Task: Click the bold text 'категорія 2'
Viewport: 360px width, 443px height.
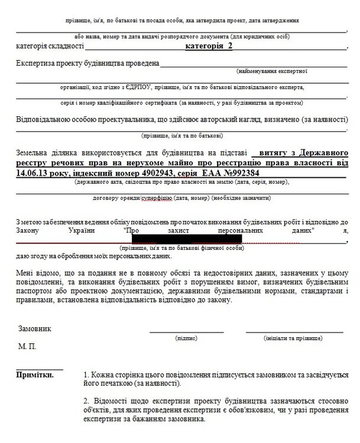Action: [x=210, y=46]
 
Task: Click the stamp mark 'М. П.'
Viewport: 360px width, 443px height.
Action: [x=27, y=347]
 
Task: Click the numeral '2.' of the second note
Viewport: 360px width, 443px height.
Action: [x=87, y=402]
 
